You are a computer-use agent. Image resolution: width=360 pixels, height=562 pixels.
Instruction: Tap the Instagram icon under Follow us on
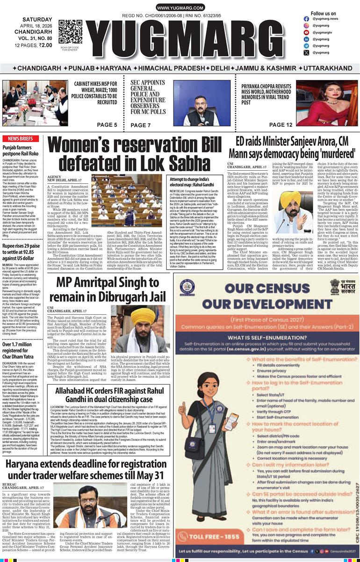click(x=306, y=25)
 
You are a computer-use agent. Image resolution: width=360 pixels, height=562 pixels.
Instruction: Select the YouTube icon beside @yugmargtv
click(x=306, y=33)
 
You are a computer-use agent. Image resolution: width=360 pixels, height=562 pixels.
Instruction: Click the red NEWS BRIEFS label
click(x=20, y=139)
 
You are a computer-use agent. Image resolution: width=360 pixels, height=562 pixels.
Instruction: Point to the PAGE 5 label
click(x=107, y=125)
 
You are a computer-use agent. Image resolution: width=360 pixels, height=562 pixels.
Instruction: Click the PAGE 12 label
click(x=281, y=125)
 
